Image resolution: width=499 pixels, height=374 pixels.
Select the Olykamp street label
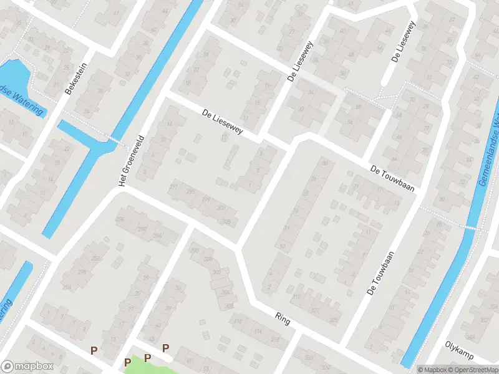(460, 350)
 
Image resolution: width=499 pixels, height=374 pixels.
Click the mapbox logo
(27, 366)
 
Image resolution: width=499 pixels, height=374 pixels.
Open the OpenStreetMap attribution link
(473, 370)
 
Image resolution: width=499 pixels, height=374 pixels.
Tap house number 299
(206, 199)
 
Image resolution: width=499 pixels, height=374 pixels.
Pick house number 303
(220, 208)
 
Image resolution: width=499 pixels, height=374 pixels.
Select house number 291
(173, 186)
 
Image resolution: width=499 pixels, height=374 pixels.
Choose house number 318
(274, 338)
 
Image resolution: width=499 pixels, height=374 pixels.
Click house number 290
(142, 229)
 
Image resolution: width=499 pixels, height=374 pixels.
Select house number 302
(216, 272)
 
